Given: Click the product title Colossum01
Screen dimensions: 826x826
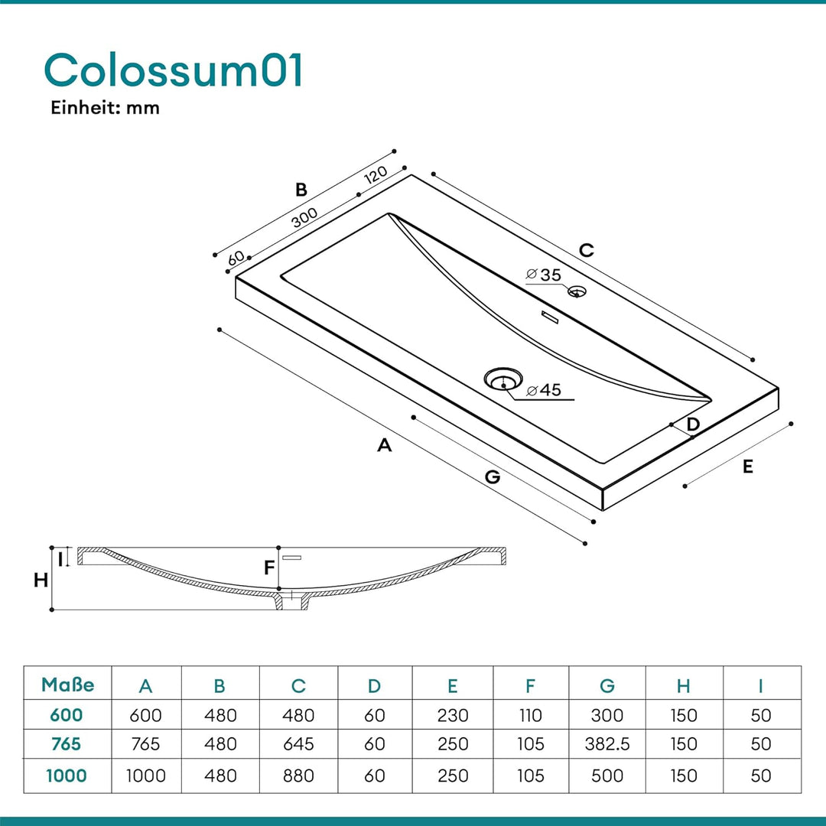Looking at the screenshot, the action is (174, 70).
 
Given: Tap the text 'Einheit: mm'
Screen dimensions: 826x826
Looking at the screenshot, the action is (105, 108).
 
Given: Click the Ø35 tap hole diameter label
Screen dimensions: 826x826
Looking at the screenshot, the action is (545, 275).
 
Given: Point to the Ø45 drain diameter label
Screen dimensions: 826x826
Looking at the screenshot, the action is (545, 390).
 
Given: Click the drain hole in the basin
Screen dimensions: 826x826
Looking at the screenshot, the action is (503, 379).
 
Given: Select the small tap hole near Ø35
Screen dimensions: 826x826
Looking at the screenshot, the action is (577, 291).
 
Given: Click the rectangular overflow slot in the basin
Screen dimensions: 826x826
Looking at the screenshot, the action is (550, 317).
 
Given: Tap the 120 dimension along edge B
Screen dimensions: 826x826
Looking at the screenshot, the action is (376, 174).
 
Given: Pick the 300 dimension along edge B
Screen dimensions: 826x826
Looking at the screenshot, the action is (304, 217).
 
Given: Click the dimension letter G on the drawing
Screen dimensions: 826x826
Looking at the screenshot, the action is (493, 476).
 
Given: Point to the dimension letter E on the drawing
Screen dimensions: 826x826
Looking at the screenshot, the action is (747, 467).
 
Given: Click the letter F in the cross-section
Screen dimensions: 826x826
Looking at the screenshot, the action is (269, 567).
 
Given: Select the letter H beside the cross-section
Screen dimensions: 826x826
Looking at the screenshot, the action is (41, 580).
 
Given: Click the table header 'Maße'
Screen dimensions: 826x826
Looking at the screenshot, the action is (68, 685).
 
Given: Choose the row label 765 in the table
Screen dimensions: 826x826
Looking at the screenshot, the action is (67, 744).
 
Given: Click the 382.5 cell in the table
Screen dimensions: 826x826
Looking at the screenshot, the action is (607, 744).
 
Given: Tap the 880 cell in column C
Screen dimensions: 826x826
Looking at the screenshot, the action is (298, 776).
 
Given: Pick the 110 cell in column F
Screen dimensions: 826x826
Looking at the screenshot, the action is (530, 715).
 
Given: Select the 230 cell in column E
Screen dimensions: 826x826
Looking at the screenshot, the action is (453, 715).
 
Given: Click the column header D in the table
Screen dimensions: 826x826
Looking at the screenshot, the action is (374, 686).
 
